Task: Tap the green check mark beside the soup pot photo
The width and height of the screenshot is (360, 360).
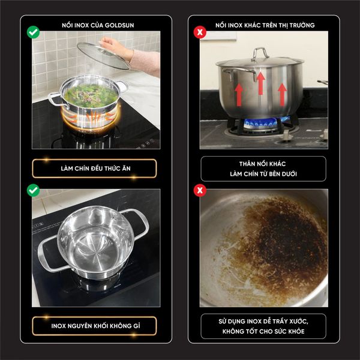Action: [x=33, y=32]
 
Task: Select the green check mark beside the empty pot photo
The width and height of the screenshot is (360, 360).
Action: [x=33, y=190]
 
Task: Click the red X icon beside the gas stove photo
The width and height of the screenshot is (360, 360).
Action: [x=200, y=32]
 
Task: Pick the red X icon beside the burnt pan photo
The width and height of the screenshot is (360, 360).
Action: [x=200, y=190]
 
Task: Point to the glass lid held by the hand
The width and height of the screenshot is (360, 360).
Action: [x=103, y=55]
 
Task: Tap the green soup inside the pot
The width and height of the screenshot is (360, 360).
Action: [x=91, y=96]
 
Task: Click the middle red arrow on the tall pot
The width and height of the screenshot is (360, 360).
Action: [x=260, y=83]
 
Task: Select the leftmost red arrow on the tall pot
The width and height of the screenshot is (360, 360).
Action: [x=239, y=95]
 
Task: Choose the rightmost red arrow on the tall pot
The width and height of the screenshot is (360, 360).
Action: [x=282, y=95]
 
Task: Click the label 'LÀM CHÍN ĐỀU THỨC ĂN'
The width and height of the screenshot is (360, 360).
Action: [x=96, y=169]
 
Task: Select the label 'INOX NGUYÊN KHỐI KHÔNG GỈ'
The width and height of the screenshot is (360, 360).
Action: [x=96, y=326]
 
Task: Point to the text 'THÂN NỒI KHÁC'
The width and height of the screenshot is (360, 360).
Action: [x=262, y=164]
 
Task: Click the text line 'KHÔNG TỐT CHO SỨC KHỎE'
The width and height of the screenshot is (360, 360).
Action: [x=263, y=331]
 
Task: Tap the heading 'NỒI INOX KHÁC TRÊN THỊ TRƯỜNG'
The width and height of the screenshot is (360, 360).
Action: [x=265, y=25]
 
